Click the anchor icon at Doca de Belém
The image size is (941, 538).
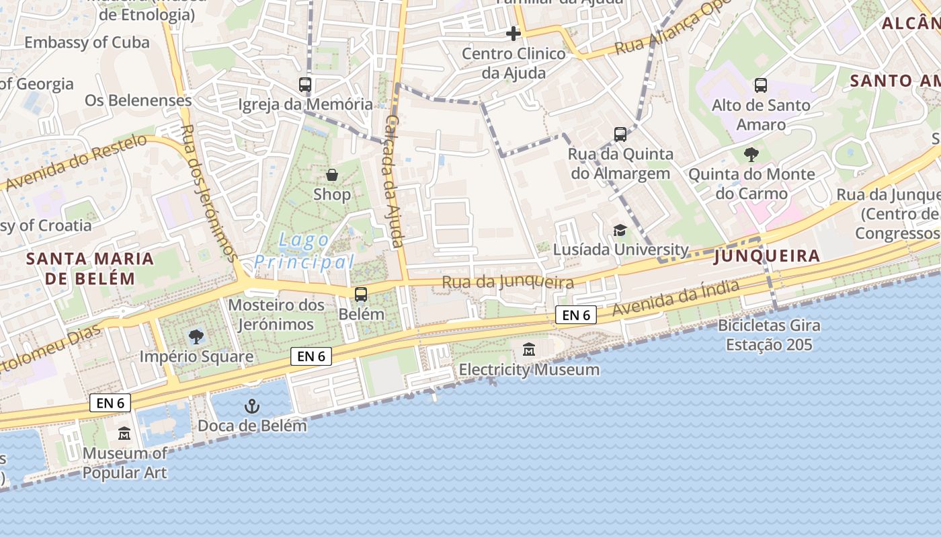[251, 406]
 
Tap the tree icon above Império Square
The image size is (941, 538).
[196, 336]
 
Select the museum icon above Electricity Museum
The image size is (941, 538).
[529, 350]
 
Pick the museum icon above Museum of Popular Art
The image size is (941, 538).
[124, 434]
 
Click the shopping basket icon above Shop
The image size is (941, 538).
[332, 175]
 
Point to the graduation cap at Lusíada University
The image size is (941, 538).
[620, 230]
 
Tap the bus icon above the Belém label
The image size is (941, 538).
[361, 294]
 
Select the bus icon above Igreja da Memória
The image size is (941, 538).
[305, 85]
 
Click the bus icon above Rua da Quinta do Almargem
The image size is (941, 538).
[620, 134]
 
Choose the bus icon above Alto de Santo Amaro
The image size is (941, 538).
[761, 85]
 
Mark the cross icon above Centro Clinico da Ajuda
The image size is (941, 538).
[514, 33]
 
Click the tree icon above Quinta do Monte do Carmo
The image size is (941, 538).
[751, 155]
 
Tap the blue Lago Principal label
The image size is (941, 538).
[304, 251]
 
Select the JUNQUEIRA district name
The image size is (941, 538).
[767, 256]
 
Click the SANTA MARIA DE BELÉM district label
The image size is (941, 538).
[90, 268]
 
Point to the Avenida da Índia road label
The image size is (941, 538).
[676, 299]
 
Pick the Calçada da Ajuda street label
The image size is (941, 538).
[394, 180]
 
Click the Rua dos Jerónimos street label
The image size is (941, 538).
[209, 194]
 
